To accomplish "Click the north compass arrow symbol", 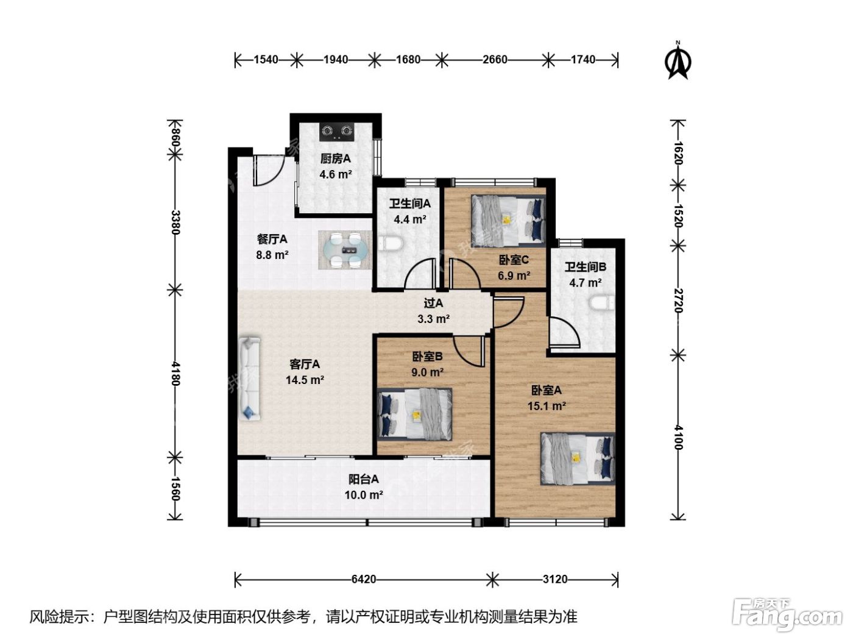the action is point(678,62).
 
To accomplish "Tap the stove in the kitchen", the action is point(337,132).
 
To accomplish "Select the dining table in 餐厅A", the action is point(345,250).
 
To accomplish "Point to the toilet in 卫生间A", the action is point(391,244).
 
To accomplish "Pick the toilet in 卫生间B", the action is point(602,304).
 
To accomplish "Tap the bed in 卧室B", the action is point(415,414).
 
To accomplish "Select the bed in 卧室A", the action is point(578,459).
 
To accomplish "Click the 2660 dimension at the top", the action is point(495,60).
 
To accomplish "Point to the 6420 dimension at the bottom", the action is point(363,580).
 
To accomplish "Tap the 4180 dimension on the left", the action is point(175,374).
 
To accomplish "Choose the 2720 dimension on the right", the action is point(678,300).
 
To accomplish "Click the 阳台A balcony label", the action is point(363,480).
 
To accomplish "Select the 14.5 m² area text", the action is point(305,380).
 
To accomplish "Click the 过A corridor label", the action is point(433,303).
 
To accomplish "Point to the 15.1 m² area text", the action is point(547,407).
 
